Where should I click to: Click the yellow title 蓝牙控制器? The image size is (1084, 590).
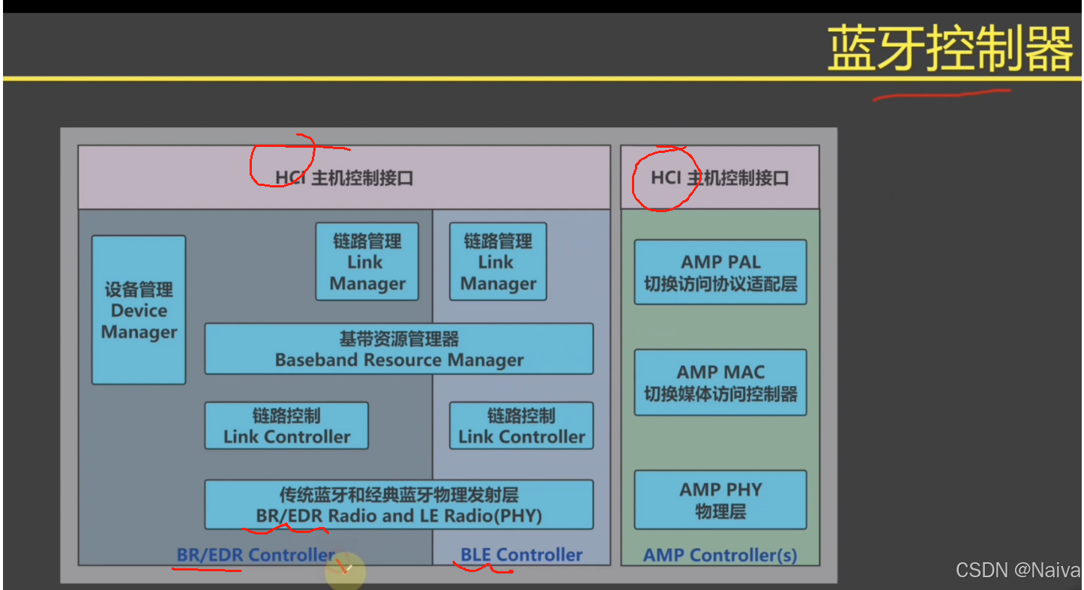point(950,49)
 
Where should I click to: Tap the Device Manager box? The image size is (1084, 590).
point(139,310)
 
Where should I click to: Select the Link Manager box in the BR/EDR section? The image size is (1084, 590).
point(367,262)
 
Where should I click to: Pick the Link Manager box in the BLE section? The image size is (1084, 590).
point(498,262)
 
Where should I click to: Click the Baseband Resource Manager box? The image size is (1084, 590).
point(399,349)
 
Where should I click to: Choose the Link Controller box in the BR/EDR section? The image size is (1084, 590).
point(286,426)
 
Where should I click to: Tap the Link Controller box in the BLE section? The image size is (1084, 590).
point(521,426)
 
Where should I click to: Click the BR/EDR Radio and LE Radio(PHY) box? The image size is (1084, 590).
point(399,505)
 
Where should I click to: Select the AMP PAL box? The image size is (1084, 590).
point(720,272)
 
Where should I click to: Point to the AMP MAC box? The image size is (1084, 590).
point(720,382)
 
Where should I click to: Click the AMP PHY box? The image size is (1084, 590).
point(720,500)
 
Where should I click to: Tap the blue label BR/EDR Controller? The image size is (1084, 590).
point(256,555)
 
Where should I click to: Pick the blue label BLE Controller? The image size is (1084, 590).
point(521,555)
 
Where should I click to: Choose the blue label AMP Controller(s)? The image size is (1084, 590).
point(720,556)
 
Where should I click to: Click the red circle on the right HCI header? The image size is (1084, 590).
point(665,178)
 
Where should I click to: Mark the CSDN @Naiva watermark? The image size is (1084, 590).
point(1017,571)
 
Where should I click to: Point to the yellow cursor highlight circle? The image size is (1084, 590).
point(346,573)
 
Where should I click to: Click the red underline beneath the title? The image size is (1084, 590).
point(941,94)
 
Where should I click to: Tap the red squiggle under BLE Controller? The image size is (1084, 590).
point(484,568)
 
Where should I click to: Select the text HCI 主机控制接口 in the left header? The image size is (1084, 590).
point(344,178)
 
